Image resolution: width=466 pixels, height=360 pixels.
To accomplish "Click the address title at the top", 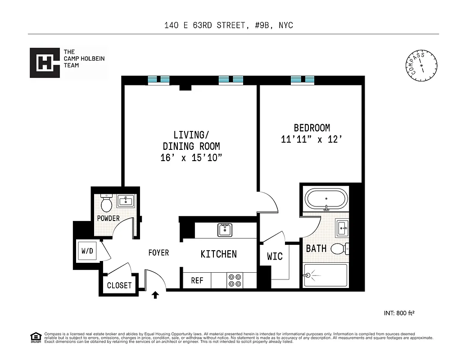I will coord(229,25).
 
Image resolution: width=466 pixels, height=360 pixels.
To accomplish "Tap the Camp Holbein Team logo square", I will coord(45,63).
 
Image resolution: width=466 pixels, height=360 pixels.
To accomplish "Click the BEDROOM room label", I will coord(312,128).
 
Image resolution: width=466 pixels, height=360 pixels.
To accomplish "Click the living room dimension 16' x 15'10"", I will coord(191,158).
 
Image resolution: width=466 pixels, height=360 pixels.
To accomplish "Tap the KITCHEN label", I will coord(218,254).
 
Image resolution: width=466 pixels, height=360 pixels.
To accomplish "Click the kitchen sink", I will coord(224,230).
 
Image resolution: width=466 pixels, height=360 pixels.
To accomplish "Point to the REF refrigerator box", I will coord(197,280).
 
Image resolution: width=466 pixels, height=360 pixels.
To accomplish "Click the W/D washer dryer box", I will coord(87,251).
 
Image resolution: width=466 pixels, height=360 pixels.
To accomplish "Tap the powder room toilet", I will coord(107,204).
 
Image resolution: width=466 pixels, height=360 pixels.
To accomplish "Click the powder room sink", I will coord(126,201).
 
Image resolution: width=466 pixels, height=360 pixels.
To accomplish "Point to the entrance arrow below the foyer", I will coord(155,296).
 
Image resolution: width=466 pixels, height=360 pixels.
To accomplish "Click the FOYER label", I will coord(158,253).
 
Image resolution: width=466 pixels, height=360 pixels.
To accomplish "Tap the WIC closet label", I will coord(275,256).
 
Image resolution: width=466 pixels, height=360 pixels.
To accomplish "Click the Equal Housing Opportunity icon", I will coord(35,337).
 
